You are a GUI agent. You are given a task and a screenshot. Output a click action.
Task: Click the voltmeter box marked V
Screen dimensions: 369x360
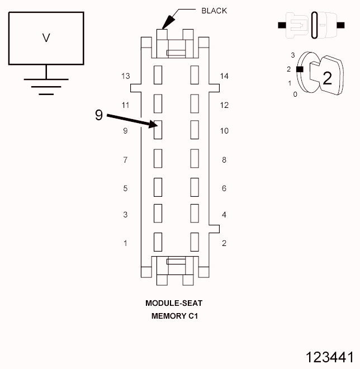tap(46, 38)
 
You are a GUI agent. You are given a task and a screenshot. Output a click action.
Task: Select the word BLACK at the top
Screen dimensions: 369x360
tap(214, 11)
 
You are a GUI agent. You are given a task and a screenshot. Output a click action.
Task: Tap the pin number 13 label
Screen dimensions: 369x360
tap(125, 76)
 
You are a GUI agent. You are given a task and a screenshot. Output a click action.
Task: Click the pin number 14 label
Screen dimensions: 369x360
tap(225, 76)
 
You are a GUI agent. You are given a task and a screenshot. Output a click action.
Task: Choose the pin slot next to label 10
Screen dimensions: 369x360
tap(195, 130)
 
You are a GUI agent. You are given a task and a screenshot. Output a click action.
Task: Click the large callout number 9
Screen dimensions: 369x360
tap(98, 115)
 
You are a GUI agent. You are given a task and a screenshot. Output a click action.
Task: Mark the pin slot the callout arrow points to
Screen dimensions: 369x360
tap(158, 130)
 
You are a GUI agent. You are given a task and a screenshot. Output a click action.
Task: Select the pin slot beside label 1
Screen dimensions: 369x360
tap(158, 242)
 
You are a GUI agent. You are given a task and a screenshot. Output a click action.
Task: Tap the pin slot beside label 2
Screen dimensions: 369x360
tap(195, 242)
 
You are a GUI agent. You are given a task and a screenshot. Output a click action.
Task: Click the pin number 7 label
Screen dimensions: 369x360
tap(125, 160)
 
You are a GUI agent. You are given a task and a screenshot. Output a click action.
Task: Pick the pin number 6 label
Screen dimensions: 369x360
tap(224, 188)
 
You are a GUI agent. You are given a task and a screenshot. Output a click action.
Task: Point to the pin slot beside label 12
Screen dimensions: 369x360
tap(195, 102)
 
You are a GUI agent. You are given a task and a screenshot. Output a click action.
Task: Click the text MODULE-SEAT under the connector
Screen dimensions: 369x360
tap(174, 303)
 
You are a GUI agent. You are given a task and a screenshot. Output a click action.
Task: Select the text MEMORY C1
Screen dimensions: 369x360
tap(174, 316)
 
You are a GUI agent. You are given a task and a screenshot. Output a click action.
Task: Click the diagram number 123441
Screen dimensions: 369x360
tap(329, 357)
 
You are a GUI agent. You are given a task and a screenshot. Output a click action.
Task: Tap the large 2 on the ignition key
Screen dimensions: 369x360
tap(327, 78)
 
